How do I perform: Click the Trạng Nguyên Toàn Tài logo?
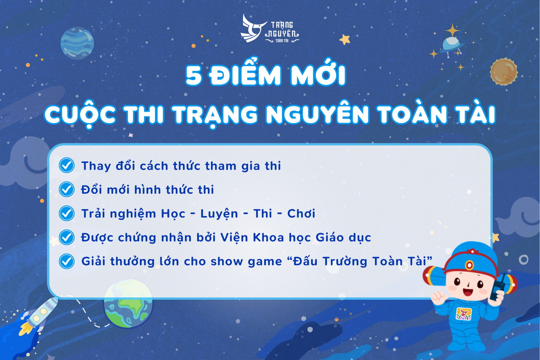point(269,29)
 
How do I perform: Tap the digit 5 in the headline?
point(193,75)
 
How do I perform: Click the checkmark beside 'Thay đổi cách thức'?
point(66,165)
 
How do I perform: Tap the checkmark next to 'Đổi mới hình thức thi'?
point(66,189)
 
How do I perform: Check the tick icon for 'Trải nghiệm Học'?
point(66,213)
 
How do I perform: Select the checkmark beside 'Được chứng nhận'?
point(66,237)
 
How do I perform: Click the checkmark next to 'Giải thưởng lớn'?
point(66,261)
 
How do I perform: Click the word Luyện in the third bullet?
point(219,214)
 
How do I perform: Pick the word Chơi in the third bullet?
point(301,213)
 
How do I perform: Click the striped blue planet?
point(77,43)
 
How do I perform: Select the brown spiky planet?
point(503,71)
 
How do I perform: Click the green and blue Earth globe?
point(128,303)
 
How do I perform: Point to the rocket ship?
point(38,315)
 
